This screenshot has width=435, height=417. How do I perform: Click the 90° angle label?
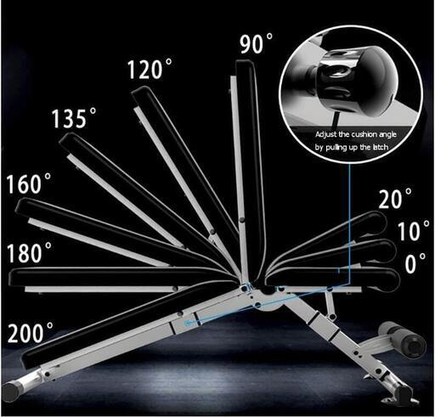(257, 43)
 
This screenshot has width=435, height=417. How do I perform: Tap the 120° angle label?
(150, 69)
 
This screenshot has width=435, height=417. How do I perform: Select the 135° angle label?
(74, 118)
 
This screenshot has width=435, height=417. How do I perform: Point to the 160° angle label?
(29, 183)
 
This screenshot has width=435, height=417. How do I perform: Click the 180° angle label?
(29, 252)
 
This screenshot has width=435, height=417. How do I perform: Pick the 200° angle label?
(31, 332)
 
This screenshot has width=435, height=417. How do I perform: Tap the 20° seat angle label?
(395, 198)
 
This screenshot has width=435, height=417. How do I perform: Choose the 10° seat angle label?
(413, 231)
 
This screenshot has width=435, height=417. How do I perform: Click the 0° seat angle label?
(415, 263)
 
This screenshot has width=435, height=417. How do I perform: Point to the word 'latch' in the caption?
(380, 147)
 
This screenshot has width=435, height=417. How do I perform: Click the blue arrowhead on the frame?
(188, 323)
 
